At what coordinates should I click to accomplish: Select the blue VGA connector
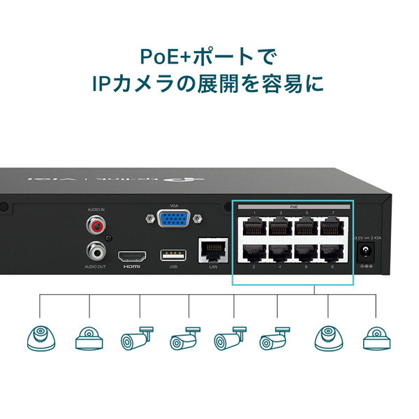tap(173, 220)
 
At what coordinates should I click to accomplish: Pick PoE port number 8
tap(332, 253)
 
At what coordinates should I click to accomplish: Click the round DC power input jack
tap(364, 254)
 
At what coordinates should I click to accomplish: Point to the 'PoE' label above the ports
tap(293, 207)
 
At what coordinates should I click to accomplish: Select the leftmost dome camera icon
tap(40, 338)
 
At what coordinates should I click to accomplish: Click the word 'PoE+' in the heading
tap(163, 54)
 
